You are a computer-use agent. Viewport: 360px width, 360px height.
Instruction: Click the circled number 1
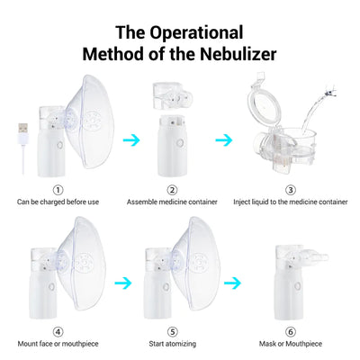point(58,190)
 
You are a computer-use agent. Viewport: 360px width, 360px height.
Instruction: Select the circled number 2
point(172,190)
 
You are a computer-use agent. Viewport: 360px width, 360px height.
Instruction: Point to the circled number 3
point(290,190)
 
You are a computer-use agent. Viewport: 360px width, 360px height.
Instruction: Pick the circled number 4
point(58,331)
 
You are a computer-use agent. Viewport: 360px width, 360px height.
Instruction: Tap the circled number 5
point(172,331)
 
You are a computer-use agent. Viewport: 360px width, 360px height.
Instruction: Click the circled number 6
point(290,331)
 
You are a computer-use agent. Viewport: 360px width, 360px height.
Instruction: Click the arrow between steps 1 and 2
point(132,139)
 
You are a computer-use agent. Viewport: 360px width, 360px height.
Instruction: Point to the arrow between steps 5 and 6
point(232,282)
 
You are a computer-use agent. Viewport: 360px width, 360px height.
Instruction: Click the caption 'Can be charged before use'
point(58,202)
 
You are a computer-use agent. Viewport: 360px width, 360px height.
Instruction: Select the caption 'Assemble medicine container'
point(172,202)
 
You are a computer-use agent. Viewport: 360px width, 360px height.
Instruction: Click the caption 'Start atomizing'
point(172,343)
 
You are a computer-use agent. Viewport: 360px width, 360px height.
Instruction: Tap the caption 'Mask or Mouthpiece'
point(290,343)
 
